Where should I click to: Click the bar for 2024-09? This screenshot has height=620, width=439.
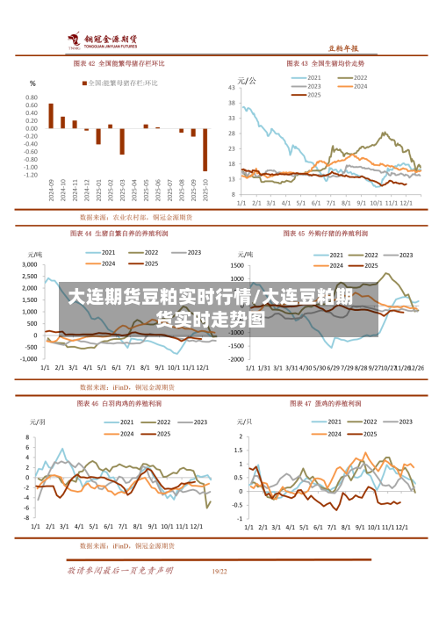pyautogui.click(x=51, y=116)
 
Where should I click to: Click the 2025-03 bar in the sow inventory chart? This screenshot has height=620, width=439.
pyautogui.click(x=122, y=141)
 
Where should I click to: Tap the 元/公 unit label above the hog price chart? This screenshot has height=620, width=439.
pyautogui.click(x=248, y=80)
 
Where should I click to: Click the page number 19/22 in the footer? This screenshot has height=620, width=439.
pyautogui.click(x=219, y=571)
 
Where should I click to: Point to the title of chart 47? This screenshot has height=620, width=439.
pyautogui.click(x=326, y=404)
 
